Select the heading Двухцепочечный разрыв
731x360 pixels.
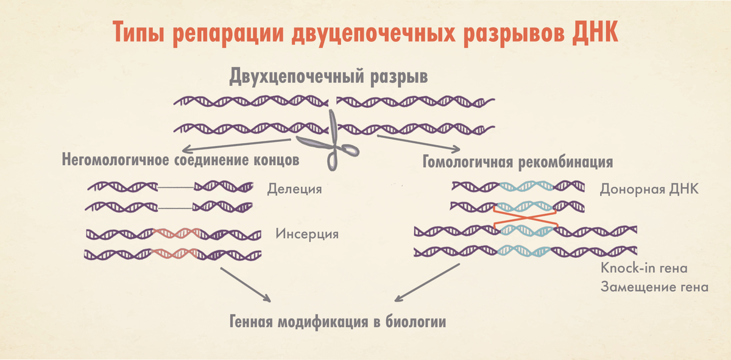click(x=328, y=77)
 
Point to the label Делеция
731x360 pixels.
click(x=294, y=189)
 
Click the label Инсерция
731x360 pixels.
click(x=307, y=233)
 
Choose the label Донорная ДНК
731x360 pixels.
click(x=648, y=189)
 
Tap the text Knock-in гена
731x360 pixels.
click(x=644, y=268)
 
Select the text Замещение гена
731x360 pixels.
click(x=654, y=286)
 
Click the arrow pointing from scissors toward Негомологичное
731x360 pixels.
click(x=244, y=144)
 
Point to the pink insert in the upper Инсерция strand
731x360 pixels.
click(x=177, y=233)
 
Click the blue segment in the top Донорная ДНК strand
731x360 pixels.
click(x=524, y=186)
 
